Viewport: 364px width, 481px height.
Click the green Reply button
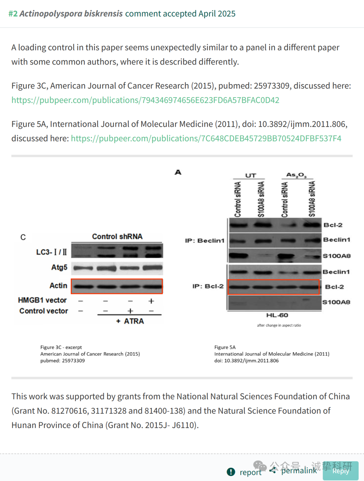(x=340, y=471)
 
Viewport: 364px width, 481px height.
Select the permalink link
(x=299, y=471)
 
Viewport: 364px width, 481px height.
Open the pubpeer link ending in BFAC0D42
(x=145, y=100)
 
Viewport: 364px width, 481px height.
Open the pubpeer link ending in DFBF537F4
(x=206, y=138)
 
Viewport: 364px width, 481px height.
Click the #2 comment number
(x=13, y=14)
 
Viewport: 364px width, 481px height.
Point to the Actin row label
(x=58, y=285)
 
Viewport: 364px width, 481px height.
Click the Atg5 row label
(x=59, y=267)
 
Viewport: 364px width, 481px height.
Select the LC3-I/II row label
(x=52, y=252)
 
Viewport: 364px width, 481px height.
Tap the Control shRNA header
(x=117, y=236)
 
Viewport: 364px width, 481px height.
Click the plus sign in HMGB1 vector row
(x=151, y=301)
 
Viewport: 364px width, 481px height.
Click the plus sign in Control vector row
(x=130, y=311)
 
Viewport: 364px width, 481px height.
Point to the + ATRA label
(x=130, y=321)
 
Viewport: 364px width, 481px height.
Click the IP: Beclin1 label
(x=205, y=240)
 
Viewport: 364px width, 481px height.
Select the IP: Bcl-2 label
(x=208, y=286)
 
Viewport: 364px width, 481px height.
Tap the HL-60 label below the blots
(x=277, y=315)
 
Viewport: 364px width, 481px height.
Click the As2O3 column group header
(x=297, y=175)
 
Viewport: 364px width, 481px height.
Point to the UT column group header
(x=250, y=176)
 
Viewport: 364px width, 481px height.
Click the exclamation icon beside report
(x=231, y=472)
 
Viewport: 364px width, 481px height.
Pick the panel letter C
(x=23, y=237)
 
